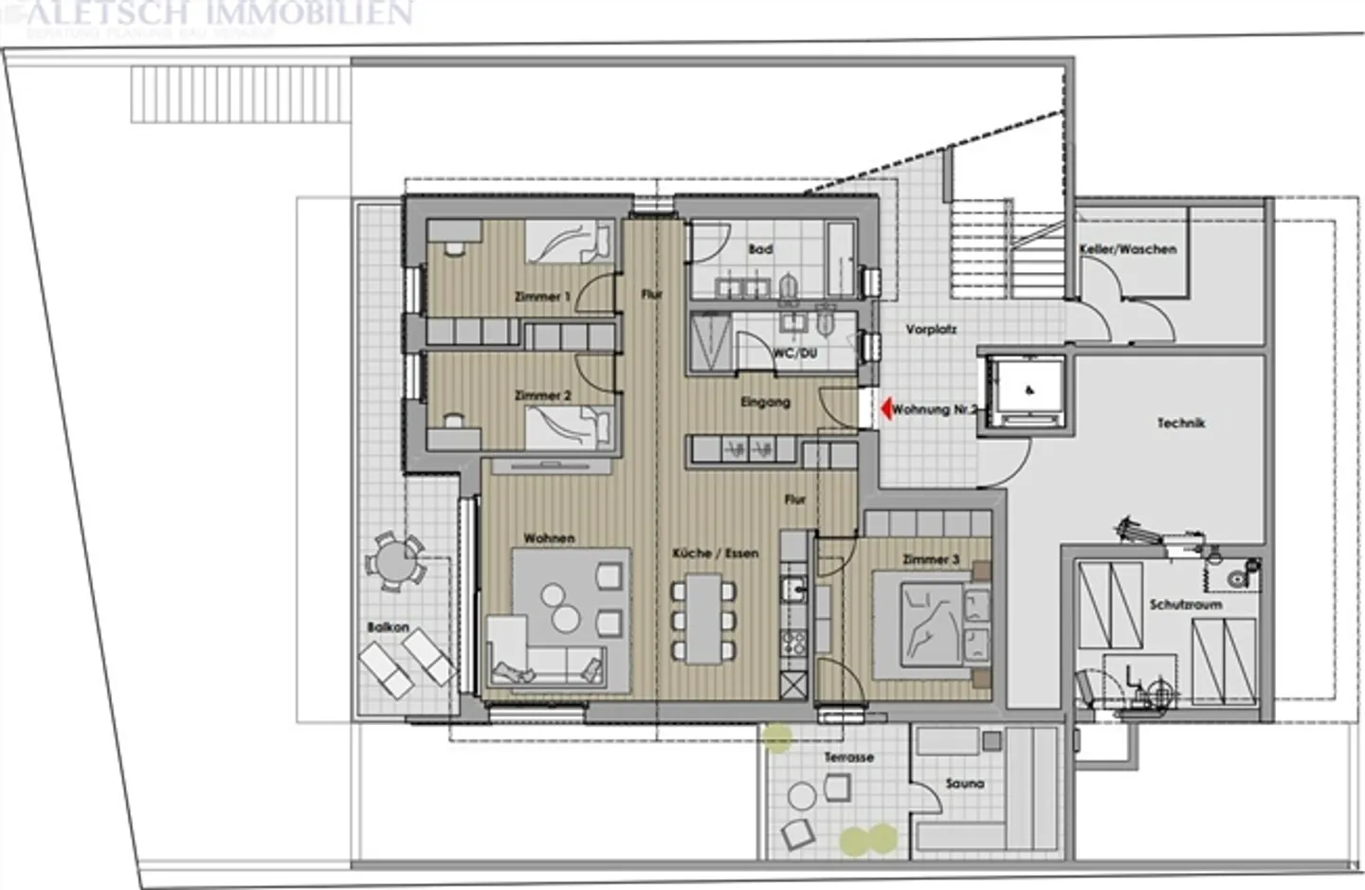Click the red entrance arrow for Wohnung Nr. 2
[885, 409]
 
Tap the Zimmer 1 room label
[542, 297]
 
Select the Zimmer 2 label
[542, 395]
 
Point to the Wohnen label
[549, 538]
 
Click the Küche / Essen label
[715, 553]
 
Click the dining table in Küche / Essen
[703, 620]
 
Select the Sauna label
[964, 784]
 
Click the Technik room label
[1180, 424]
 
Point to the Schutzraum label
[1185, 604]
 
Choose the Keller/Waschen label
[1127, 249]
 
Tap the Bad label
[760, 249]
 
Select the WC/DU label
[794, 353]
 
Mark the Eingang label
[765, 402]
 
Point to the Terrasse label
[848, 757]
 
